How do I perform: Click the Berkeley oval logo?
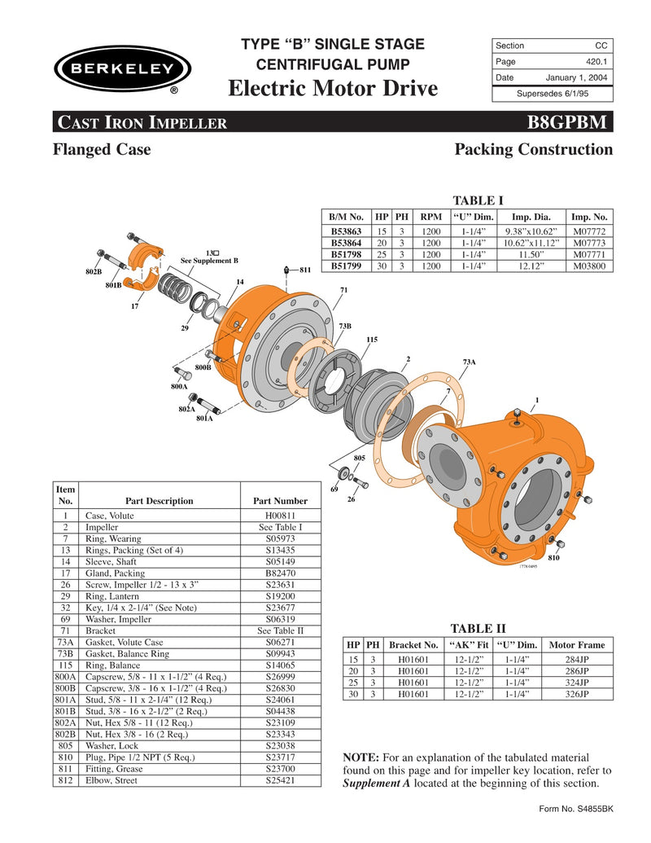pyautogui.click(x=122, y=68)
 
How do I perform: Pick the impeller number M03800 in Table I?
pyautogui.click(x=589, y=266)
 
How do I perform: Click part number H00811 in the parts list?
pyautogui.click(x=281, y=516)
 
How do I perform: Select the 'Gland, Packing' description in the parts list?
pyautogui.click(x=115, y=573)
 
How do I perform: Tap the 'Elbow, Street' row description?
pyautogui.click(x=112, y=780)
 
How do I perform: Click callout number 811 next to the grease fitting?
pyautogui.click(x=305, y=270)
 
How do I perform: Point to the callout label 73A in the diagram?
pyautogui.click(x=469, y=362)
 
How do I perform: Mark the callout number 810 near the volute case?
pyautogui.click(x=553, y=559)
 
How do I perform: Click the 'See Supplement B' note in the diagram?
pyautogui.click(x=209, y=261)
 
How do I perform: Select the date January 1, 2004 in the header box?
pyautogui.click(x=576, y=77)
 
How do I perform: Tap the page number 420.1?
pyautogui.click(x=597, y=62)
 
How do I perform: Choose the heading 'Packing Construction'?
pyautogui.click(x=533, y=150)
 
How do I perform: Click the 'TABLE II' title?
pyautogui.click(x=478, y=628)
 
